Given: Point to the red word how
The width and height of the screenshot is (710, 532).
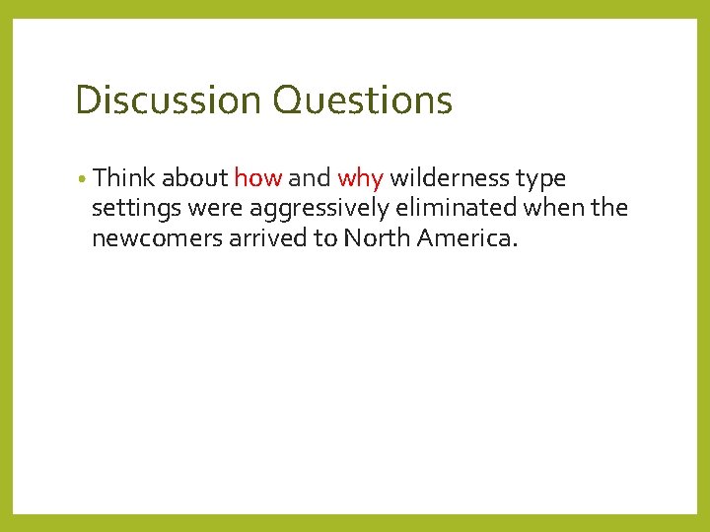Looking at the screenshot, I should [x=258, y=178].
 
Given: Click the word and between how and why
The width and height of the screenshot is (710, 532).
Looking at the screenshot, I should [x=310, y=178].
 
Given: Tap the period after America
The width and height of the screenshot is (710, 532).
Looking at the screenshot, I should [x=513, y=244].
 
